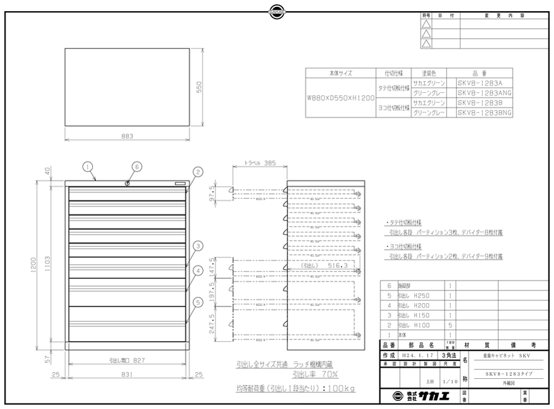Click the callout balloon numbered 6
coord(137,166)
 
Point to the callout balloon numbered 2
coord(198,172)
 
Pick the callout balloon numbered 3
coord(198,246)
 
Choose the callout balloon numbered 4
coord(198,270)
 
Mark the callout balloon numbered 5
coord(198,301)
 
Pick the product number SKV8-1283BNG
coord(484,113)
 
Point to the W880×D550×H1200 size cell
coord(340,98)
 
